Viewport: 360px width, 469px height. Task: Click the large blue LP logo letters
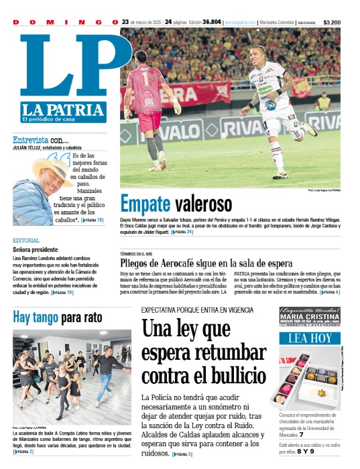click(64, 67)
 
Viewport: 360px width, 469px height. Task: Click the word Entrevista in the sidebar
click(30, 140)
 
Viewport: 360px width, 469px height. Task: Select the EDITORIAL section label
click(25, 240)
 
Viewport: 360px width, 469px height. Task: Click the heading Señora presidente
click(38, 249)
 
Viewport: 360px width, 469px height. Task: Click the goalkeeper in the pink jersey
click(152, 100)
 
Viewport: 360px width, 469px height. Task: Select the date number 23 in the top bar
click(125, 22)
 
